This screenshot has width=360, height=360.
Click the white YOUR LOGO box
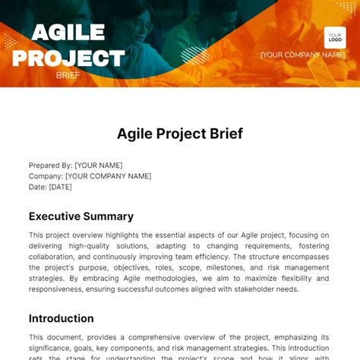tap(335, 37)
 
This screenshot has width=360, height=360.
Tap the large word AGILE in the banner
tap(68, 33)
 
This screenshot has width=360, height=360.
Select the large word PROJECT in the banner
tap(68, 58)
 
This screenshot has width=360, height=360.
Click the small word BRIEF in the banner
tap(68, 75)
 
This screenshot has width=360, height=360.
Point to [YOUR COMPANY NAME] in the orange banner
tap(302, 55)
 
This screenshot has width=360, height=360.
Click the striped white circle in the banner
tap(194, 55)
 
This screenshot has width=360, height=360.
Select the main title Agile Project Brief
tap(180, 134)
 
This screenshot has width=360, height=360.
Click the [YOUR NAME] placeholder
tap(98, 165)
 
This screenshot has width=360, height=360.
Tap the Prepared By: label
tap(50, 165)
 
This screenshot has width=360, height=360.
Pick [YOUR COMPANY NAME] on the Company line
tap(108, 176)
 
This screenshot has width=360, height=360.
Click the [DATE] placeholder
tap(60, 187)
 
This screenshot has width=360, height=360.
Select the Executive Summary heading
tap(81, 216)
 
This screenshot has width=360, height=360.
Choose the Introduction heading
tap(62, 318)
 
